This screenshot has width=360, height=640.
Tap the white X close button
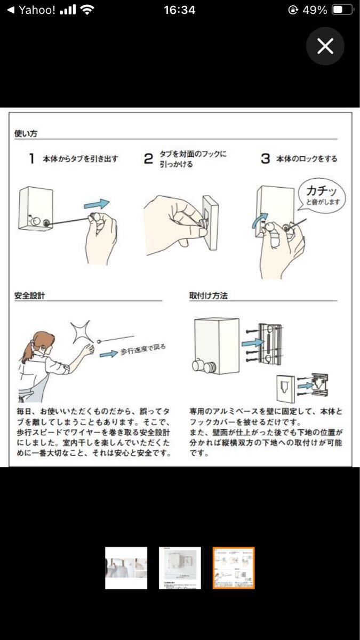pyautogui.click(x=325, y=46)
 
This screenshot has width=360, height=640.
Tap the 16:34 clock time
pyautogui.click(x=179, y=10)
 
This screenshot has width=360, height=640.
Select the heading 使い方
pyautogui.click(x=26, y=133)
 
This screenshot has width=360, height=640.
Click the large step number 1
pyautogui.click(x=31, y=158)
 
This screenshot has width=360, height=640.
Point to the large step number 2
pyautogui.click(x=149, y=158)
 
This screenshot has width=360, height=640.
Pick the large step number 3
pyautogui.click(x=266, y=158)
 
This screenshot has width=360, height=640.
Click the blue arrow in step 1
pyautogui.click(x=97, y=204)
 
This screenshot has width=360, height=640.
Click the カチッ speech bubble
pyautogui.click(x=322, y=195)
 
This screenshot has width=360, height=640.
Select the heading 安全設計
pyautogui.click(x=30, y=295)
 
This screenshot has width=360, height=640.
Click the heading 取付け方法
pyautogui.click(x=209, y=295)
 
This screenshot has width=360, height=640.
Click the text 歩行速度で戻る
pyautogui.click(x=143, y=349)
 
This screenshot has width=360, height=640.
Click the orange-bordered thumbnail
pyautogui.click(x=234, y=568)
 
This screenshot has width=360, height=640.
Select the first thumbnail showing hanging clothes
pyautogui.click(x=126, y=568)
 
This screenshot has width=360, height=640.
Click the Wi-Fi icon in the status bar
pyautogui.click(x=87, y=10)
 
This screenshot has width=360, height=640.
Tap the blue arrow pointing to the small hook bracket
pyautogui.click(x=306, y=386)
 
